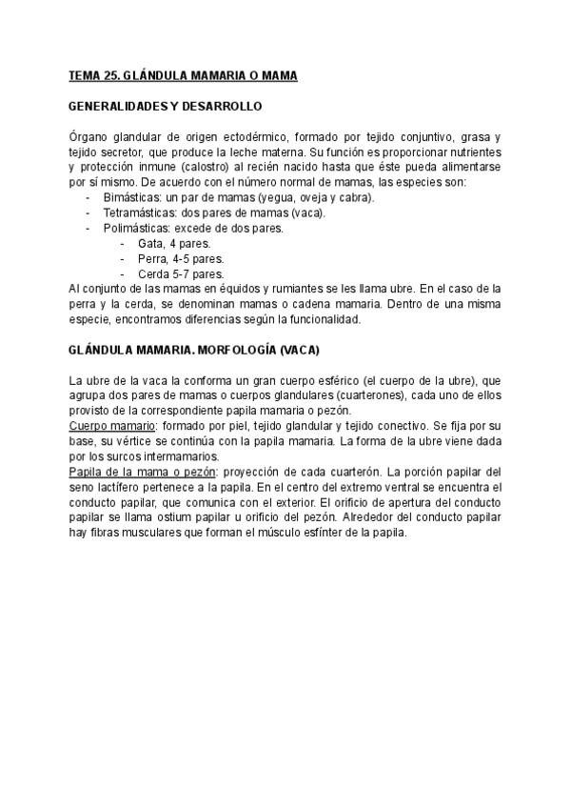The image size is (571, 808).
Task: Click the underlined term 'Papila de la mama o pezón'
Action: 143,472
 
